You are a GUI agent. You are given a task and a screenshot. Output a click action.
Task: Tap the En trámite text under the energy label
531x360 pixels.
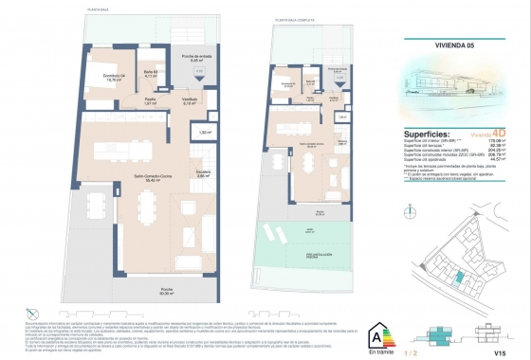click(379, 350)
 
